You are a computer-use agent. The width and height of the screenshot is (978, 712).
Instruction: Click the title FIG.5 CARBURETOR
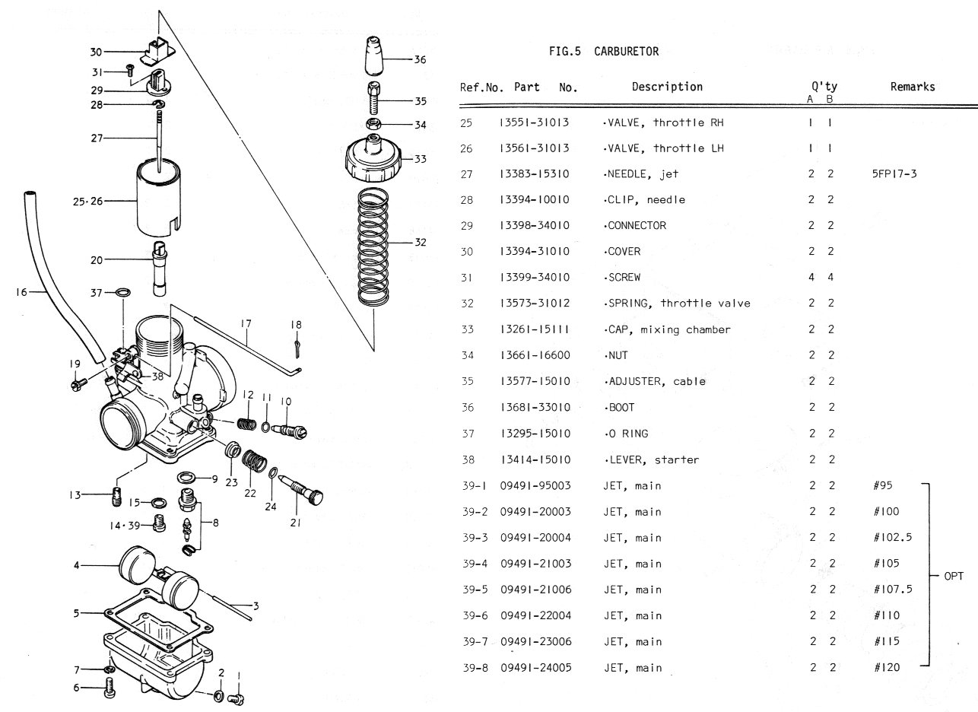(x=603, y=52)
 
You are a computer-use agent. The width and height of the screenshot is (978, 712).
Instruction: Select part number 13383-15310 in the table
(x=535, y=174)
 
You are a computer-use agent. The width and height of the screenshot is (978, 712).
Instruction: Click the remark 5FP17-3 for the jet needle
(x=894, y=174)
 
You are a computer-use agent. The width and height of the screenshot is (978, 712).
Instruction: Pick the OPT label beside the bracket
(x=954, y=577)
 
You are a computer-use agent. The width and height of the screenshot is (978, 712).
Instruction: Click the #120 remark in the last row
(x=887, y=668)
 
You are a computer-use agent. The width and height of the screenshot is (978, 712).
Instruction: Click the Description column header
(x=667, y=87)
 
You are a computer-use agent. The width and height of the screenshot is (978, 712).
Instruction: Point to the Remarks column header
(x=912, y=87)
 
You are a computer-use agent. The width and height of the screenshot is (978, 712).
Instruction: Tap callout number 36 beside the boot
(x=420, y=59)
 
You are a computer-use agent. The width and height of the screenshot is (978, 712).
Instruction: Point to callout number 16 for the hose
(x=20, y=291)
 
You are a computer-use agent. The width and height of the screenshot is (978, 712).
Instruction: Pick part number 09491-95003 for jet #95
(x=535, y=486)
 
